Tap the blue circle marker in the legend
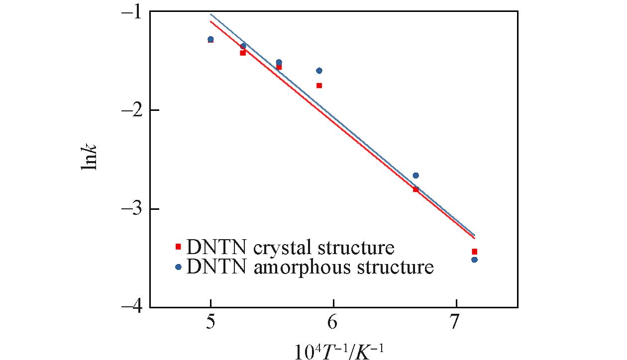pos(178,267)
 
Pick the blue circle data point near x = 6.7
pos(416,176)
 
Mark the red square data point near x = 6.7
pos(416,189)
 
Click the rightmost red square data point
pos(474,252)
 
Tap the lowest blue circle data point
pos(474,260)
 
